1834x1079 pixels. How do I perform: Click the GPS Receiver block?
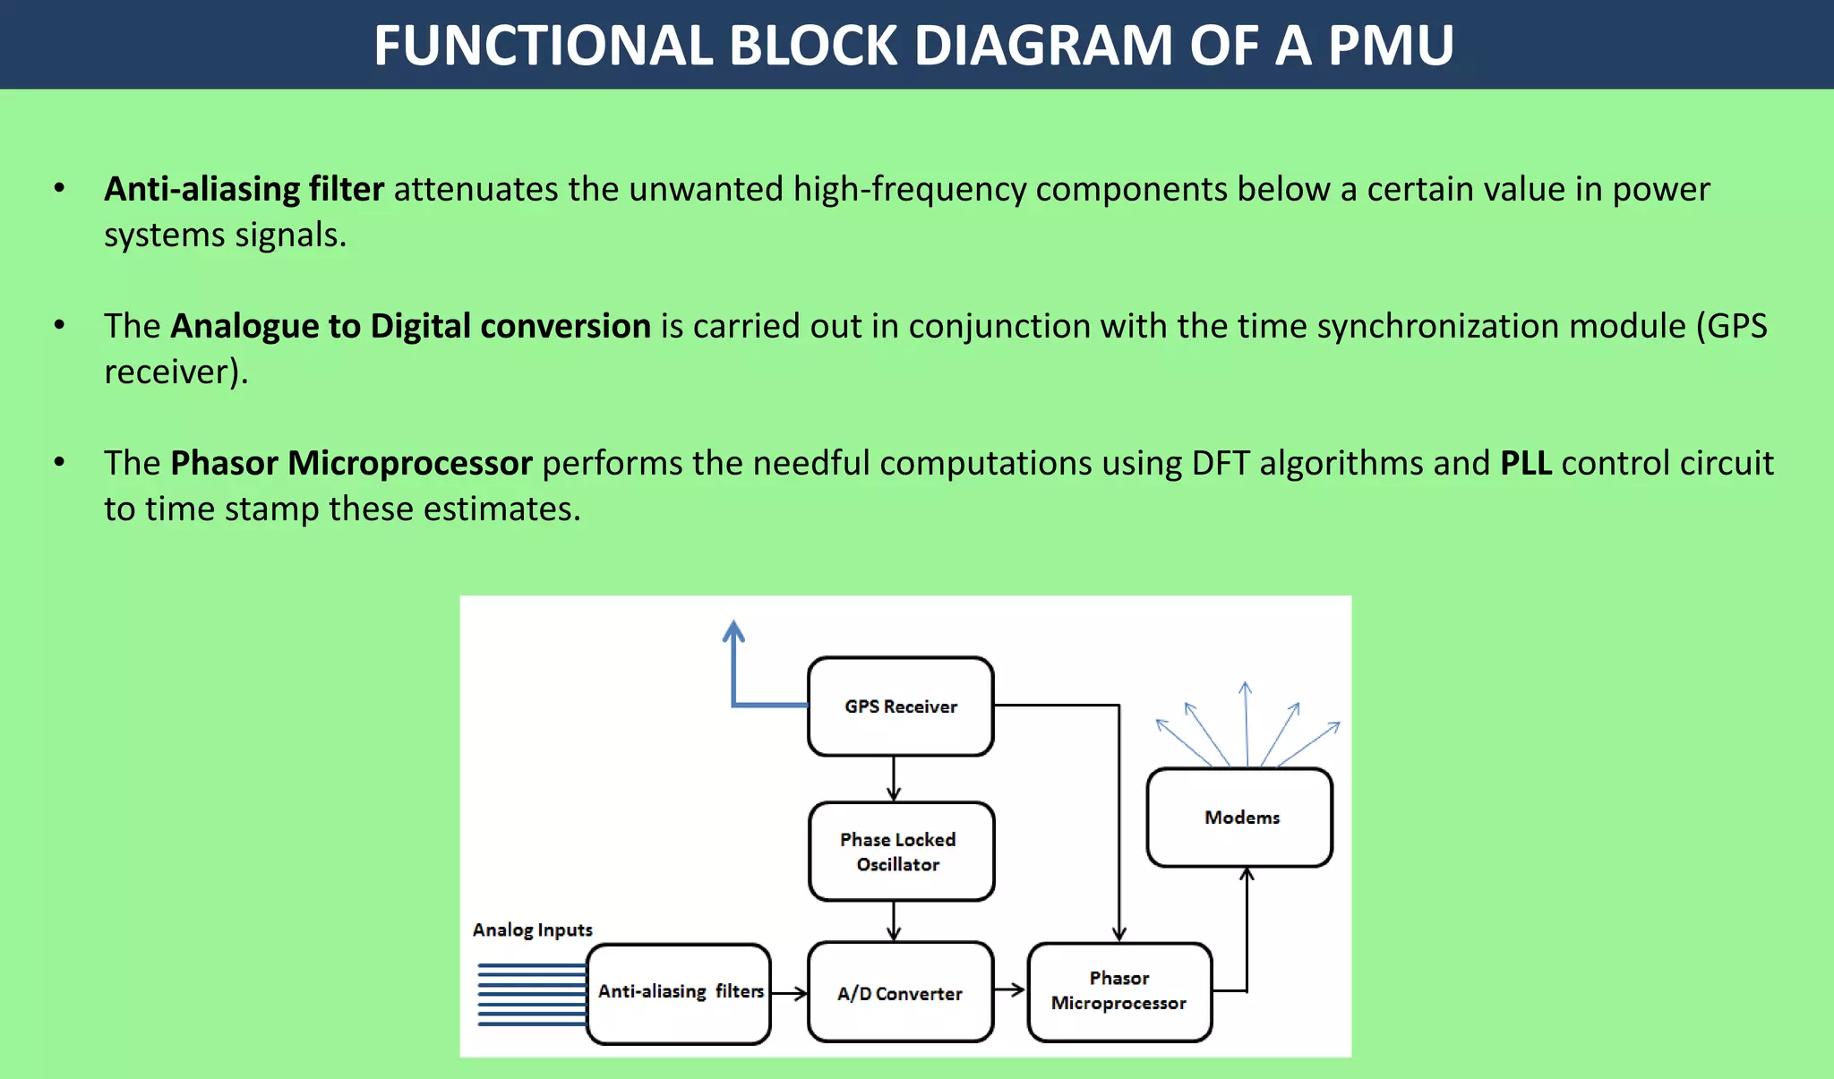(x=900, y=706)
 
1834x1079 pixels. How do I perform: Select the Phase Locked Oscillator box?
(x=900, y=852)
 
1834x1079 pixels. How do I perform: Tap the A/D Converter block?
(x=900, y=992)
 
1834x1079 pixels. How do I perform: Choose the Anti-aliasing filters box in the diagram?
(x=679, y=993)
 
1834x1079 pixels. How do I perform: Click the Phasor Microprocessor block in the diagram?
(x=1119, y=991)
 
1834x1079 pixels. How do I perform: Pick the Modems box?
(x=1240, y=818)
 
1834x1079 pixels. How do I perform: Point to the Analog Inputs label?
(x=532, y=929)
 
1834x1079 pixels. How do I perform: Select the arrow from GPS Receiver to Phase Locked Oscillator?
(x=893, y=778)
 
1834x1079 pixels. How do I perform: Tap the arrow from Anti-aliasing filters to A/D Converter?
(x=790, y=992)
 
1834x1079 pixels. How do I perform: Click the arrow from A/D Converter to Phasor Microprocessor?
(x=1010, y=989)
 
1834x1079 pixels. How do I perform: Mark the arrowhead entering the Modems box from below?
(x=1247, y=874)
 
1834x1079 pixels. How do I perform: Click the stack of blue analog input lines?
(x=531, y=994)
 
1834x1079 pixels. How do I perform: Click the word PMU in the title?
(x=1390, y=45)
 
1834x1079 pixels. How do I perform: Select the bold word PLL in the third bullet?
(x=1525, y=463)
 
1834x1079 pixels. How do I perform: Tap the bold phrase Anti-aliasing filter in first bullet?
(x=244, y=189)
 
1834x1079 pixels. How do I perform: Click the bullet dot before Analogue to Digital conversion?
(x=59, y=325)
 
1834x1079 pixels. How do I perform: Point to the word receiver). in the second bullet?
(x=176, y=372)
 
